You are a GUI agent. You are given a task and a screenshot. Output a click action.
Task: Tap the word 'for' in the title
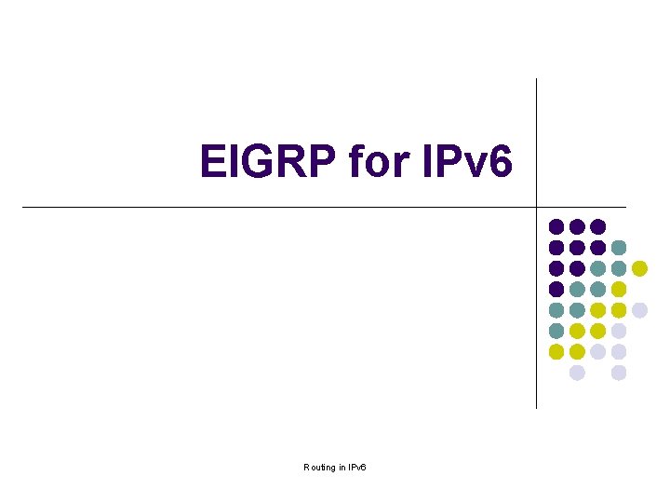378,162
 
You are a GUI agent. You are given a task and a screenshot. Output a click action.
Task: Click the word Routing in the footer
319,467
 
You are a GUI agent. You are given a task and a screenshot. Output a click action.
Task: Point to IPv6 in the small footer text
356,467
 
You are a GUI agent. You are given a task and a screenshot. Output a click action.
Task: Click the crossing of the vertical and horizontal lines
537,207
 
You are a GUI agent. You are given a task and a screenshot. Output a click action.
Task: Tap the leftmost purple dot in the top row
556,226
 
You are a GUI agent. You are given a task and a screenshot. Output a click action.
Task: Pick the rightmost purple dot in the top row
597,226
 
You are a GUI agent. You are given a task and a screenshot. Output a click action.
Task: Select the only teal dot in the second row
619,248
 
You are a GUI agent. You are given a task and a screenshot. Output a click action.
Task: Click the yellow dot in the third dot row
639,268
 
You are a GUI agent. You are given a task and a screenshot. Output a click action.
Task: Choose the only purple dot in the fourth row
556,289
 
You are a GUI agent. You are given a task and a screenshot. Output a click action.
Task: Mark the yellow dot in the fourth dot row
619,289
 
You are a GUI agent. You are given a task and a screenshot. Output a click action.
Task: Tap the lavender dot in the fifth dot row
639,310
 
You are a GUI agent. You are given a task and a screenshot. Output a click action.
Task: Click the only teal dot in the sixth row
556,331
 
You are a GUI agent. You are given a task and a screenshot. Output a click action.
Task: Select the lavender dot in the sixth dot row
619,331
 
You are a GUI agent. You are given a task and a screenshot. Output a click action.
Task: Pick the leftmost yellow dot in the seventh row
556,351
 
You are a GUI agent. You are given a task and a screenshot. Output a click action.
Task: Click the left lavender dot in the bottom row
577,373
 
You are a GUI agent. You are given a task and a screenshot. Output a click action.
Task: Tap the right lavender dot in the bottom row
619,373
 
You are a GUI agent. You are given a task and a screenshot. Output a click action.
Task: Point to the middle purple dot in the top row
577,226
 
